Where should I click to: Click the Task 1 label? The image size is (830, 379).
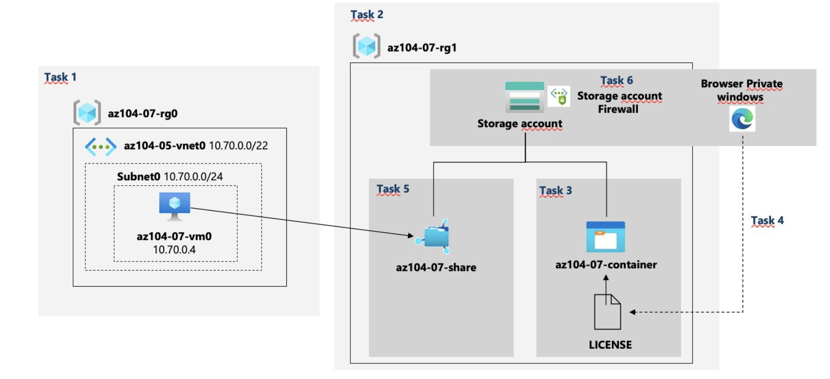point(60,77)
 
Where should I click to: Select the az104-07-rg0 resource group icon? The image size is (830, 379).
point(87,113)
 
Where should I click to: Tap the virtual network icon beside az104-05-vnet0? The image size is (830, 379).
point(101,146)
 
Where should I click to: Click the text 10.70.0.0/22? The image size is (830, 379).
point(238,145)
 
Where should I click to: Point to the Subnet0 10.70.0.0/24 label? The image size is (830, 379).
point(170,176)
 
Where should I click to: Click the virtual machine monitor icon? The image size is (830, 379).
point(175,206)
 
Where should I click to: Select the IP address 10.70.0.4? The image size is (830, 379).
point(174,250)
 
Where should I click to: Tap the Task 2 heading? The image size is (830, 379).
point(367,14)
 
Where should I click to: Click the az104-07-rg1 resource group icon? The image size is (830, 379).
point(366,46)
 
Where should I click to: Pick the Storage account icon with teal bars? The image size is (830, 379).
point(524,97)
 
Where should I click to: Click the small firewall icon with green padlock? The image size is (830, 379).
point(559,96)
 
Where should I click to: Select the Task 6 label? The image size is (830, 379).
point(616,80)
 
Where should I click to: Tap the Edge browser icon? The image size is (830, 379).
point(742,119)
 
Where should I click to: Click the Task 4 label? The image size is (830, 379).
point(767,221)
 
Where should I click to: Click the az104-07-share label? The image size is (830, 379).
point(436,267)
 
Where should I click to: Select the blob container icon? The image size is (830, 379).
point(605,237)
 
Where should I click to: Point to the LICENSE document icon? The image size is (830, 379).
point(607,312)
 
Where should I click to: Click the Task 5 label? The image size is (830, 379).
point(393,189)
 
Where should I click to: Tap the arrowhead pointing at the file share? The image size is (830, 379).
point(411,236)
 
